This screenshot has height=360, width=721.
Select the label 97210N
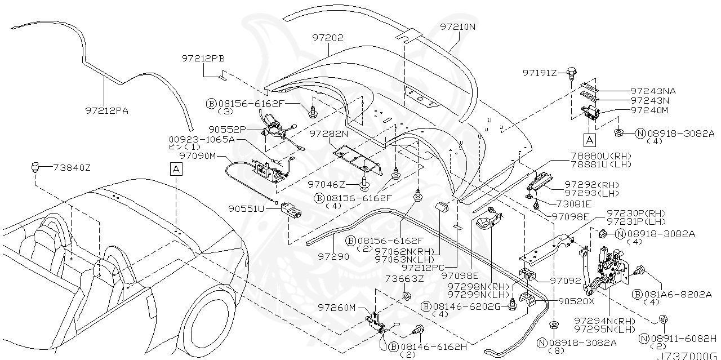tap(457, 26)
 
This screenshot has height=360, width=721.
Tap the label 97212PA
tap(106, 110)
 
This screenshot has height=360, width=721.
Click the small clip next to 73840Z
tap(36, 166)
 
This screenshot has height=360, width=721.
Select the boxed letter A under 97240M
tap(589, 138)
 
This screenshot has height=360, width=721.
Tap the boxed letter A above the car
tap(176, 168)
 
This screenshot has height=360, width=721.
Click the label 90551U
tap(246, 208)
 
